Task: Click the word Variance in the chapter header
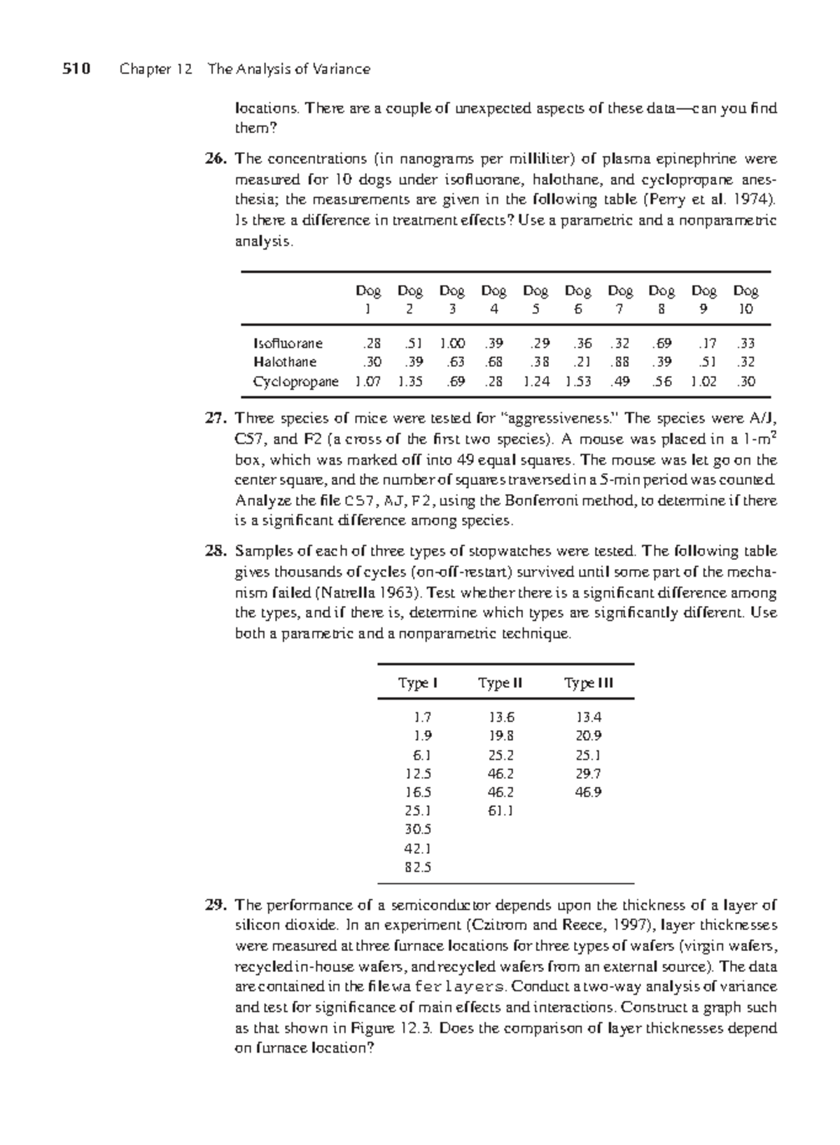tap(342, 69)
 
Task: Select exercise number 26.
tap(213, 159)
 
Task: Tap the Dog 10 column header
tap(745, 299)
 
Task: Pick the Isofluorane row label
tap(288, 343)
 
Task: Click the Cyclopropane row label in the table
tap(295, 382)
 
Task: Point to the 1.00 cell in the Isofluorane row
tap(451, 343)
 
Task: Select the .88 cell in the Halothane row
tap(619, 363)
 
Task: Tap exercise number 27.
tap(213, 419)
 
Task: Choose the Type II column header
tap(500, 683)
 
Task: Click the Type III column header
tap(589, 683)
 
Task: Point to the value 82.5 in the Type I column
tap(418, 866)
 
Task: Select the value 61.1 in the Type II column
tap(500, 810)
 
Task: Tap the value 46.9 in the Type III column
tap(589, 792)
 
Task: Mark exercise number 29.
tap(213, 905)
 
